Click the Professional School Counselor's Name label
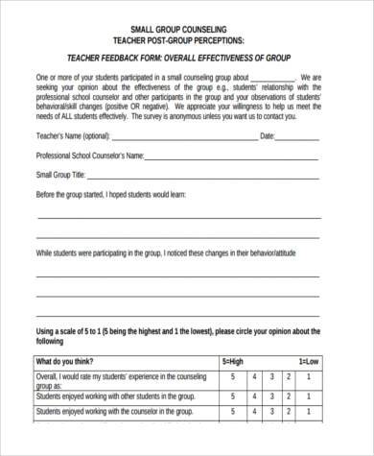click(x=89, y=155)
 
